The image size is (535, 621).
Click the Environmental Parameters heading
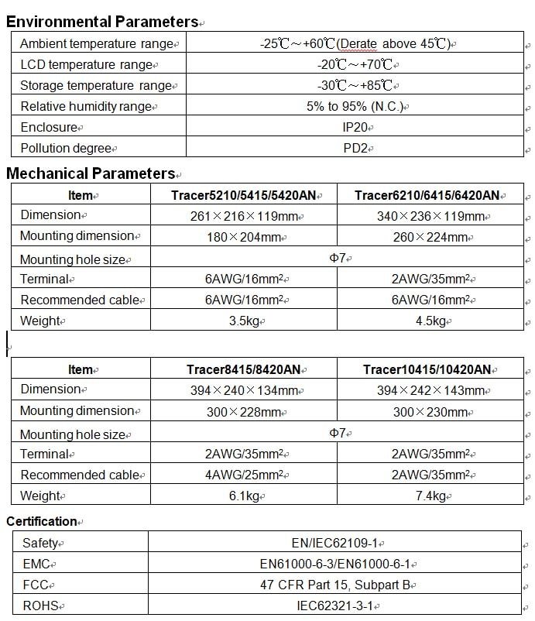(x=102, y=22)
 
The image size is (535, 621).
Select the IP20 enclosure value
(x=357, y=127)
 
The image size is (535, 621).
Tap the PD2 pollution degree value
(x=357, y=147)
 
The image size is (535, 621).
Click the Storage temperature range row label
(x=95, y=85)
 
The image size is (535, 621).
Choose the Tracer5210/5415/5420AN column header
(x=245, y=195)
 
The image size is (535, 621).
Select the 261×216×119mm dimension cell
(x=245, y=216)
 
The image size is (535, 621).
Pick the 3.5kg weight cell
(x=245, y=321)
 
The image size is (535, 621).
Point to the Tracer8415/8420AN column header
(x=245, y=370)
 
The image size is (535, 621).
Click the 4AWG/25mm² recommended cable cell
(x=245, y=475)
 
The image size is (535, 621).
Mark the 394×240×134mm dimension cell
(x=245, y=391)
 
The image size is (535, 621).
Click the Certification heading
(x=42, y=521)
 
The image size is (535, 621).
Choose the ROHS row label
(x=39, y=606)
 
